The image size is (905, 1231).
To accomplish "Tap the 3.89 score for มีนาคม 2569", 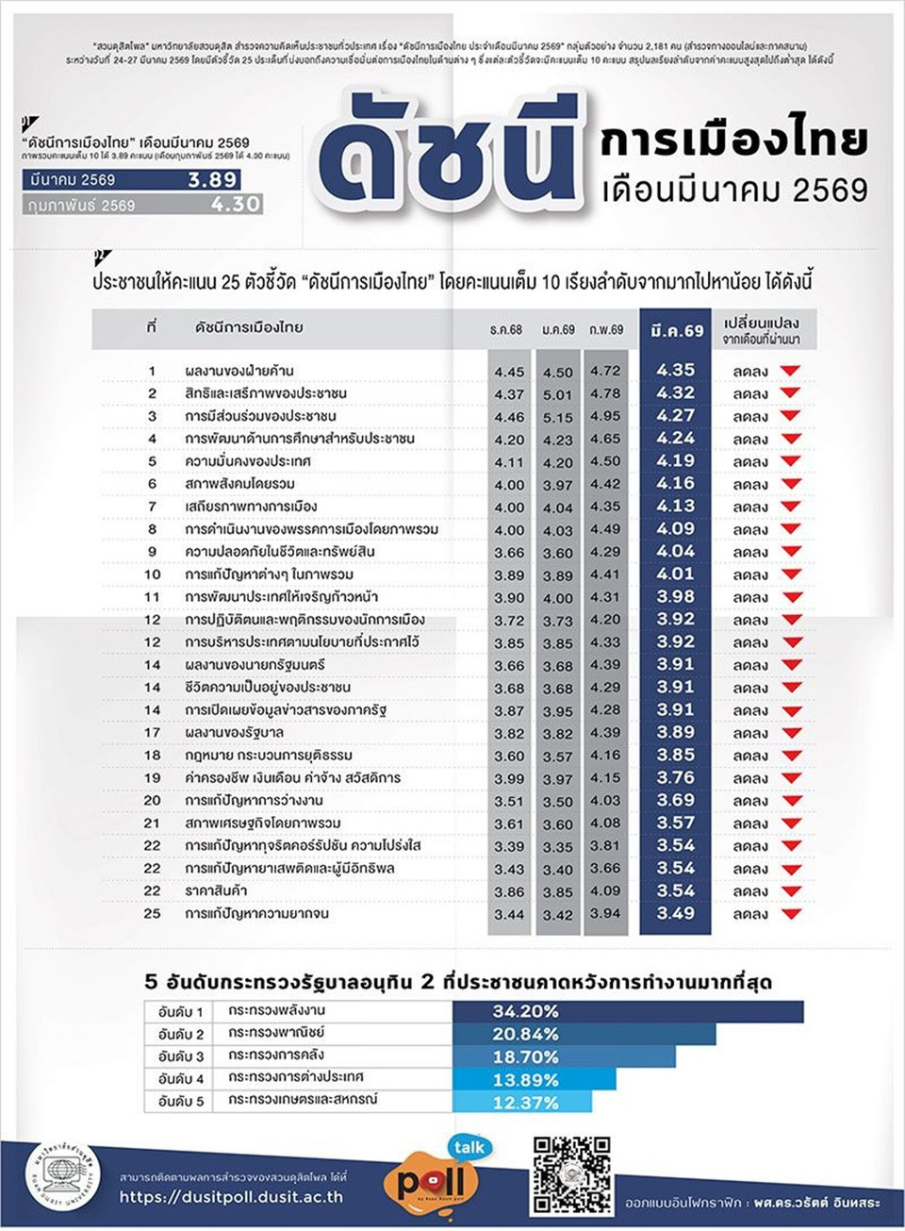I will click(x=212, y=180).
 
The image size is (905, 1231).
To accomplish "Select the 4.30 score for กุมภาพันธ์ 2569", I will click(x=235, y=204).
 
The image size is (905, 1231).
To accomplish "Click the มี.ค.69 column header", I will click(x=676, y=330).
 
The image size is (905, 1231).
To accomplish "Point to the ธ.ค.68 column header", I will click(x=506, y=330).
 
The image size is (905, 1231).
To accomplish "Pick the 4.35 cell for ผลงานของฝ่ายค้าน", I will click(x=675, y=371).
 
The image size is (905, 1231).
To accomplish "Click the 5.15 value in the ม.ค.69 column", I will click(x=557, y=417).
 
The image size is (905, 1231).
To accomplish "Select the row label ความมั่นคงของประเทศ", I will click(x=248, y=461).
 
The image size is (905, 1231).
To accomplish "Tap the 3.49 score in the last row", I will click(x=675, y=913).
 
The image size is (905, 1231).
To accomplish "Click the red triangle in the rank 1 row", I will click(x=790, y=371).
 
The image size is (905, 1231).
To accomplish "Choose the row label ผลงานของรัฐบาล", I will click(x=234, y=732).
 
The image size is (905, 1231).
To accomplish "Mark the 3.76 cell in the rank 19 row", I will click(x=675, y=777).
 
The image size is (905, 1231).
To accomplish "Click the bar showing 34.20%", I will click(x=628, y=1011).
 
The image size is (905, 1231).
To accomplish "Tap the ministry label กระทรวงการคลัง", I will click(x=275, y=1056).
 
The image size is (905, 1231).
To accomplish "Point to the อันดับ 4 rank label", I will click(x=181, y=1078).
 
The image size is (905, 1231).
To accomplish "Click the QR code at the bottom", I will click(x=571, y=1175).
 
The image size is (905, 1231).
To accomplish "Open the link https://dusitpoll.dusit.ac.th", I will click(x=231, y=1197).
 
